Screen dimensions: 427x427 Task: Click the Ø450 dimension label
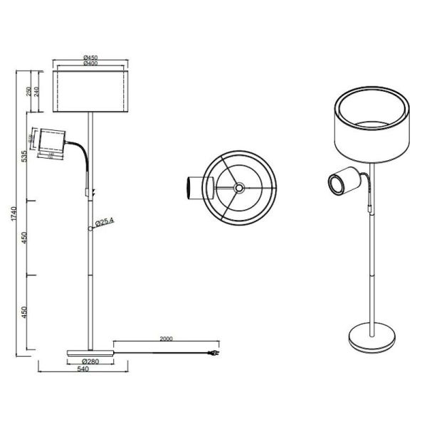tap(90, 58)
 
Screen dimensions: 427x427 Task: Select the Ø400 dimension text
tap(90, 64)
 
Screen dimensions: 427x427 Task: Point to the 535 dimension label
tap(23, 157)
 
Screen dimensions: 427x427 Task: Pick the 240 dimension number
tap(36, 91)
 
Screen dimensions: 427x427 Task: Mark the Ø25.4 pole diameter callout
tap(106, 222)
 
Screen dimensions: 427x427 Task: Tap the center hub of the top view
tap(236, 187)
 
